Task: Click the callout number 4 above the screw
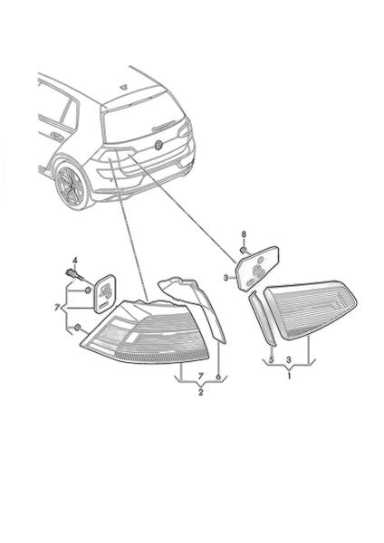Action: pos(74,261)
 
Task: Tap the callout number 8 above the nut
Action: pos(244,234)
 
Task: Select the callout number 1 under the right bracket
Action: pos(289,376)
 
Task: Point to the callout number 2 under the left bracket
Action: pos(201,393)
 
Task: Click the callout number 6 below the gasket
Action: pos(218,376)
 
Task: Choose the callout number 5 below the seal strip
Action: pos(272,360)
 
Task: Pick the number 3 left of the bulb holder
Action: pos(226,278)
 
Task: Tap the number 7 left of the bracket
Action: pos(58,307)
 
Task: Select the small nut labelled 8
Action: pos(244,250)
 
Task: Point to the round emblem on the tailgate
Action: pos(158,145)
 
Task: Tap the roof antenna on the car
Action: pos(124,87)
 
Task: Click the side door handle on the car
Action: pos(56,136)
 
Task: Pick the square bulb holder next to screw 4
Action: pos(104,293)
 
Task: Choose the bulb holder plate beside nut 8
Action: pos(257,268)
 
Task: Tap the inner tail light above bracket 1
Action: pos(310,310)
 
